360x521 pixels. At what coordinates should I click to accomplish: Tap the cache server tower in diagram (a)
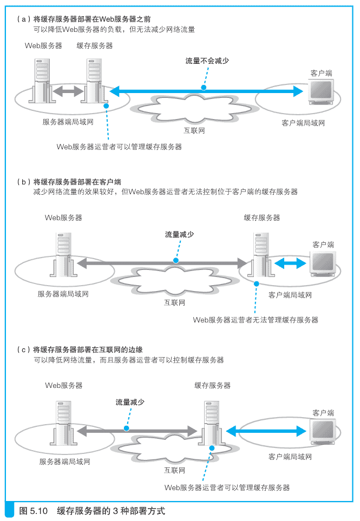pyautogui.click(x=94, y=81)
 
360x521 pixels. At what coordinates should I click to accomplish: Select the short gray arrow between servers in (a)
pyautogui.click(x=68, y=92)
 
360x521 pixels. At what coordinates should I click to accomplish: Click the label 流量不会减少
pyautogui.click(x=207, y=61)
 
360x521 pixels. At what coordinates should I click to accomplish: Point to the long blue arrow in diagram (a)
pyautogui.click(x=206, y=92)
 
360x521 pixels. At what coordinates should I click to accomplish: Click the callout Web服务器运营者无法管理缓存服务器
pyautogui.click(x=256, y=320)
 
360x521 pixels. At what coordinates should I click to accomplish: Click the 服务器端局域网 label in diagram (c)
pyautogui.click(x=64, y=461)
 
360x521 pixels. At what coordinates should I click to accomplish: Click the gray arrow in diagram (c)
pyautogui.click(x=136, y=431)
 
